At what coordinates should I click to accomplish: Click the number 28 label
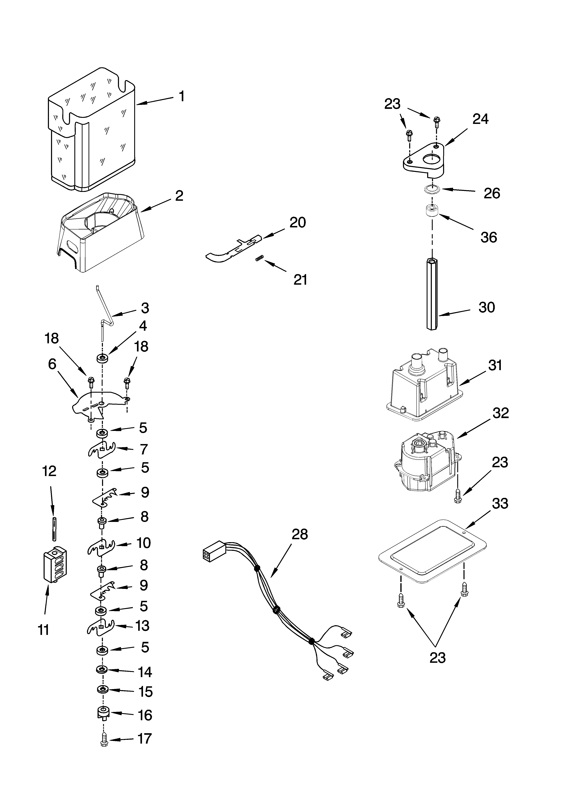(x=300, y=534)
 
